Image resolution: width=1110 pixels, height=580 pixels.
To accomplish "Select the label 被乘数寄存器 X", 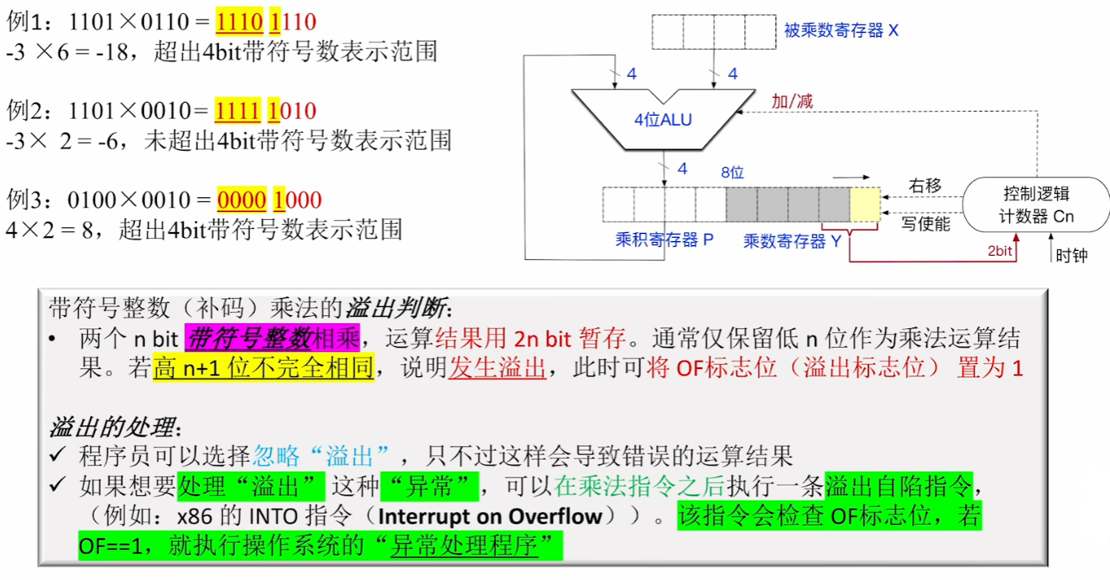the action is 841,31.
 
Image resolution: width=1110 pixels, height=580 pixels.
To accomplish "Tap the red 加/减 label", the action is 792,101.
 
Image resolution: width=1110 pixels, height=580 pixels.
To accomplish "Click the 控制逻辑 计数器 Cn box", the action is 1036,205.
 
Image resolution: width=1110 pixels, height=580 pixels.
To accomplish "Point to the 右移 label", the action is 924,186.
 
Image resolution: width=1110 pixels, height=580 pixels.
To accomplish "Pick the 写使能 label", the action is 926,223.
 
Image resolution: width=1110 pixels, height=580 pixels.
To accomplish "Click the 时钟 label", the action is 1071,255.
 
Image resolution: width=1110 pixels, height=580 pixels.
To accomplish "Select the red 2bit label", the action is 1000,251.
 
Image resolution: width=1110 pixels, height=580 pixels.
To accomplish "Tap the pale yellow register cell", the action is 865,204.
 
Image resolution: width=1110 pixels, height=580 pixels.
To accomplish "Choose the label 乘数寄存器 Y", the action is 792,241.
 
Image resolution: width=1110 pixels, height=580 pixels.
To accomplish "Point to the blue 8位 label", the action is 732,173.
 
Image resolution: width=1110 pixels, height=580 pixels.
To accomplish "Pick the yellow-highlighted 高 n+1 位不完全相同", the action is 263,367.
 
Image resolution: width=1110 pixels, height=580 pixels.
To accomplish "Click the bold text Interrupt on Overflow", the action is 490,516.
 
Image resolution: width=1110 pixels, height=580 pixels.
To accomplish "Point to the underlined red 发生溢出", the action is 497,367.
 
